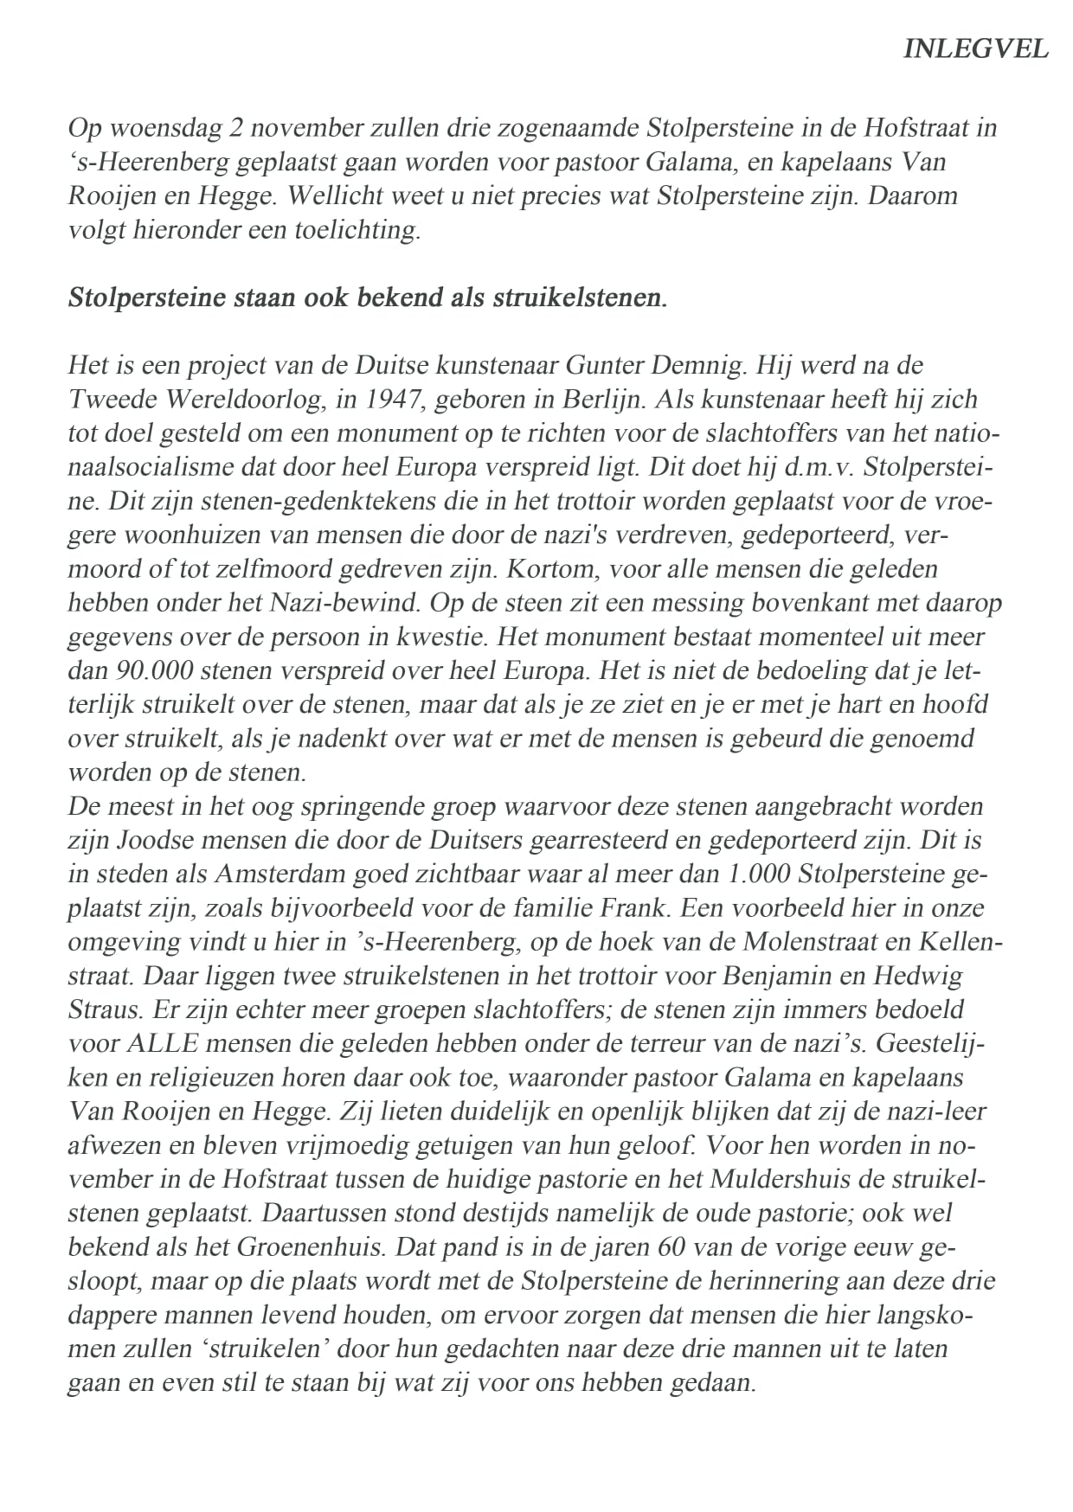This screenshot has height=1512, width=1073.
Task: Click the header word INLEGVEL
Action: click(975, 49)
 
